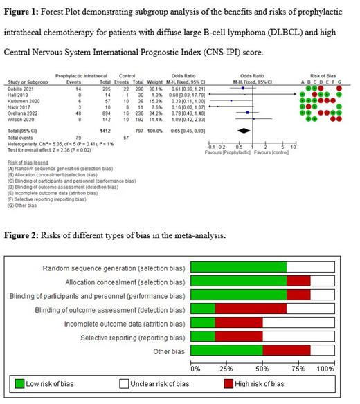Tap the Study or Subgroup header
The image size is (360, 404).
tap(26, 81)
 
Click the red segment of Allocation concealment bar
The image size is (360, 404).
tap(298, 281)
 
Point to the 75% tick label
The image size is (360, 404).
tap(298, 367)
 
